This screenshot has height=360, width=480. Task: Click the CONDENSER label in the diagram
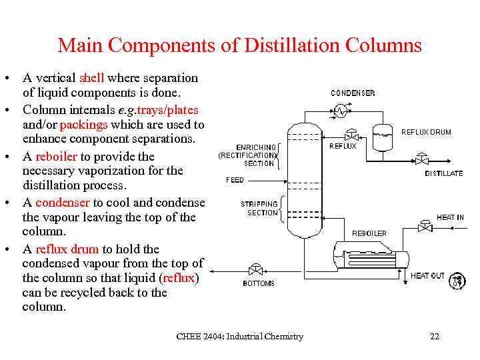pos(353,93)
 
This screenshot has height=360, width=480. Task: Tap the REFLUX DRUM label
pos(426,132)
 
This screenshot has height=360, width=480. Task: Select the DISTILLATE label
pos(443,173)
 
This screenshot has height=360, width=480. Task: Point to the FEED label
pos(235,180)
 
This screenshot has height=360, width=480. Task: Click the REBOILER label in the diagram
pos(369,233)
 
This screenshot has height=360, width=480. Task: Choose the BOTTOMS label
pos(259,283)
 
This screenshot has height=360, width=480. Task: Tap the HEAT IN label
pos(450,217)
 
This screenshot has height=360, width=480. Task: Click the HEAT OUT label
pos(427,276)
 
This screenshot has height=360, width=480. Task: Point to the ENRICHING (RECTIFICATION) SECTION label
pos(248,155)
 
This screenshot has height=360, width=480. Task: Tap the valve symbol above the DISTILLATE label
pos(422,159)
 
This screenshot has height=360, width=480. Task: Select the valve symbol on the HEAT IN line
pos(424,227)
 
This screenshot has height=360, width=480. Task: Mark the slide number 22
pos(435,337)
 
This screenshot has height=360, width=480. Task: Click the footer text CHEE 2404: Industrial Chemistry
pos(239,337)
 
